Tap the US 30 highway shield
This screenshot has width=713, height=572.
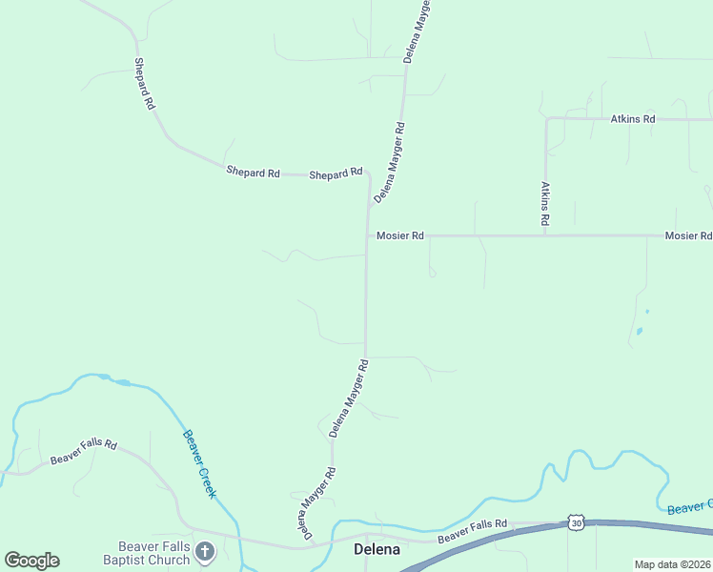pyautogui.click(x=575, y=522)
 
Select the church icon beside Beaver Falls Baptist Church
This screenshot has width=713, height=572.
pyautogui.click(x=205, y=551)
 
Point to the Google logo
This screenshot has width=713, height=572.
pyautogui.click(x=31, y=561)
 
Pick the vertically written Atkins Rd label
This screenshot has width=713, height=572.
pyautogui.click(x=545, y=203)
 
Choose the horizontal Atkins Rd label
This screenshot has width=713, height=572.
pyautogui.click(x=633, y=119)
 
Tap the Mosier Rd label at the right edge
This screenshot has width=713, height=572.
pyautogui.click(x=688, y=235)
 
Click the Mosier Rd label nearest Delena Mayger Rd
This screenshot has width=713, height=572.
pyautogui.click(x=399, y=235)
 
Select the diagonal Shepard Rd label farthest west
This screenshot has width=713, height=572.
pyautogui.click(x=144, y=84)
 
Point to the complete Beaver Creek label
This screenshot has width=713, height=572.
pyautogui.click(x=200, y=464)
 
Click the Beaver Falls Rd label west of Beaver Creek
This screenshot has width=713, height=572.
pyautogui.click(x=84, y=452)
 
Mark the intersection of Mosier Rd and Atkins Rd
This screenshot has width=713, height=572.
pyautogui.click(x=545, y=235)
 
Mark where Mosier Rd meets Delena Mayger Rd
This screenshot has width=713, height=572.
pyautogui.click(x=368, y=235)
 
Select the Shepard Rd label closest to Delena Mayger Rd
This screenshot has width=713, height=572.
pyautogui.click(x=336, y=174)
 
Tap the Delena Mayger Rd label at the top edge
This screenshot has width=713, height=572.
pyautogui.click(x=416, y=31)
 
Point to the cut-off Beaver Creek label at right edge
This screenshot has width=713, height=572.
pyautogui.click(x=689, y=506)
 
